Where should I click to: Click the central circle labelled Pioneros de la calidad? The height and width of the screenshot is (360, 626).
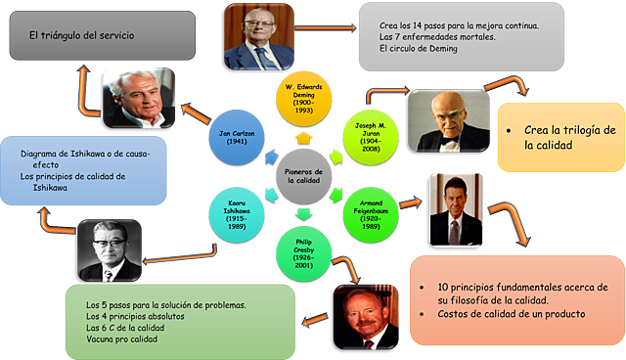(304, 176)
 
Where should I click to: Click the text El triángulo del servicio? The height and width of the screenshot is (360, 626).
(81, 36)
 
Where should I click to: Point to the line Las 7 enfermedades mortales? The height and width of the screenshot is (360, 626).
(435, 36)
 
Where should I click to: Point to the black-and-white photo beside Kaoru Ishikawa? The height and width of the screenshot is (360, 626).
(112, 248)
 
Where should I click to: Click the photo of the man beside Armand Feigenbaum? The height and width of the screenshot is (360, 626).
(456, 207)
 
